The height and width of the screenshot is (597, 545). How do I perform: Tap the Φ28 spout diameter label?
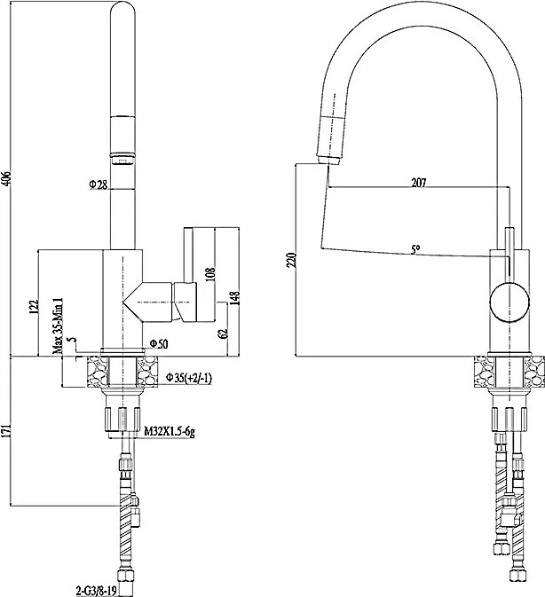tap(99, 185)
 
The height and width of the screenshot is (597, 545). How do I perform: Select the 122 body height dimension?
tap(35, 307)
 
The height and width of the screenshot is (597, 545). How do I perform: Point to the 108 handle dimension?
tap(210, 274)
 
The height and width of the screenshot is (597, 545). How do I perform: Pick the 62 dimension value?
tap(224, 333)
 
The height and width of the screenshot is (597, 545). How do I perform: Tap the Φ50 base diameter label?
tap(158, 344)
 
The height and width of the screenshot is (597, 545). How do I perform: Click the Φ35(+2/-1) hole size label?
tap(188, 378)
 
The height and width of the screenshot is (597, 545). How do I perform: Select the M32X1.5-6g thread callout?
tap(170, 432)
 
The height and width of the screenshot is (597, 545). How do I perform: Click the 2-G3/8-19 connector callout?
tap(96, 591)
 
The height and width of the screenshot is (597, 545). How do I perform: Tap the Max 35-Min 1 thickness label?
tap(58, 326)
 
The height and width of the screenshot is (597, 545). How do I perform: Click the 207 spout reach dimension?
tap(419, 183)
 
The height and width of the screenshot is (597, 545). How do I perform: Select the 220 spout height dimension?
tap(291, 260)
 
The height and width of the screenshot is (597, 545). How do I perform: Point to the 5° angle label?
tap(415, 250)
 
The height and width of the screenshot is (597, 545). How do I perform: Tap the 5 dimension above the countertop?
tap(74, 339)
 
